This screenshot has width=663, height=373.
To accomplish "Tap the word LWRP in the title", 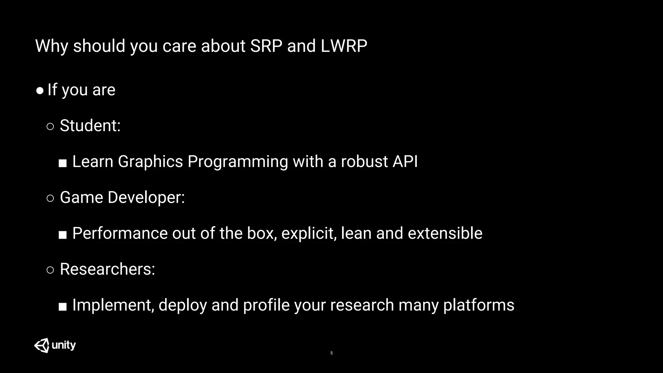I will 344,46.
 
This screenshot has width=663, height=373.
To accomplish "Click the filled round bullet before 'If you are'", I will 40,91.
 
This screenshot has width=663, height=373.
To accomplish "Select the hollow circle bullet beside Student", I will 50,126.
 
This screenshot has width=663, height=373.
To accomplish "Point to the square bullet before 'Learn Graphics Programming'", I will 62,163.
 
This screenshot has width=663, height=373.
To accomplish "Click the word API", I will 405,161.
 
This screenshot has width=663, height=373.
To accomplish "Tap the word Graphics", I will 150,162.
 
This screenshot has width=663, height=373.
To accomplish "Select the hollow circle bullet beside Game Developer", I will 50,198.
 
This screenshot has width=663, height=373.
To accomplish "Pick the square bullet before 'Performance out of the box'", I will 62,235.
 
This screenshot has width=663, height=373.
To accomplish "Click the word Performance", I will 120,233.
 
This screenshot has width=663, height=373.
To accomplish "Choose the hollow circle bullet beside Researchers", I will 50,270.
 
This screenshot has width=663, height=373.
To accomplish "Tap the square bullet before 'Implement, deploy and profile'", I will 62,306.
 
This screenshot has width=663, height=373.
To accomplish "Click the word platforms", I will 478,305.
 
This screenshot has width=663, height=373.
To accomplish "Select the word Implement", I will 112,305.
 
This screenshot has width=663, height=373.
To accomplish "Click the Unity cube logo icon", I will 42,345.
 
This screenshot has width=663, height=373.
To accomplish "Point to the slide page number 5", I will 331,353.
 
